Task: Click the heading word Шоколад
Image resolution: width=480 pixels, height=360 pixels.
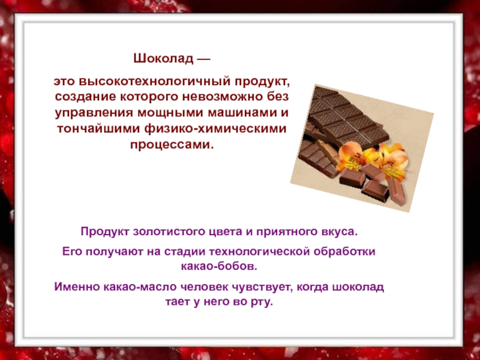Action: click(163, 58)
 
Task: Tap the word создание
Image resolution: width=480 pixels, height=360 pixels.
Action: click(85, 97)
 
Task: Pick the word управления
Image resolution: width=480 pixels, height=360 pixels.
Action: click(94, 113)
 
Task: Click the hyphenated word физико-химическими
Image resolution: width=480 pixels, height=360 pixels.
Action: click(215, 128)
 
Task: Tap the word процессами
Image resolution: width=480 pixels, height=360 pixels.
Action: click(172, 145)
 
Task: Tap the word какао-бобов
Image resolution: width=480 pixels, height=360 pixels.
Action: click(219, 266)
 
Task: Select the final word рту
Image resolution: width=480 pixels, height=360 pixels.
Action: click(262, 302)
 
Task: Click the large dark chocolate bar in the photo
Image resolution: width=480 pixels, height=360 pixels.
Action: click(346, 118)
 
